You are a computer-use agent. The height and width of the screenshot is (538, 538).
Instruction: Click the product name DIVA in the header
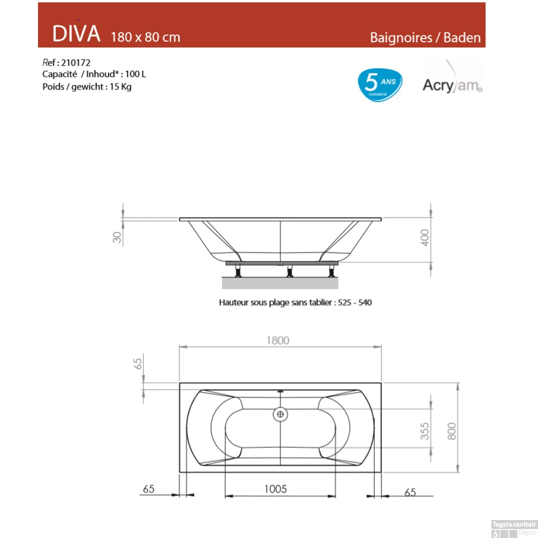(x=76, y=34)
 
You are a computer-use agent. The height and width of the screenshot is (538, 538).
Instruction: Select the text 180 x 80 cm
(x=145, y=37)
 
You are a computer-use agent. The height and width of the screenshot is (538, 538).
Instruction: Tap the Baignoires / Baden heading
(x=425, y=38)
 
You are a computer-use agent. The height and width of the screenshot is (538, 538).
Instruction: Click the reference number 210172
(x=76, y=63)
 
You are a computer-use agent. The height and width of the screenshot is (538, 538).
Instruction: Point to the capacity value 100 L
(x=136, y=74)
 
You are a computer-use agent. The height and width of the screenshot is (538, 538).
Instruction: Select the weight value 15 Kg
(x=121, y=87)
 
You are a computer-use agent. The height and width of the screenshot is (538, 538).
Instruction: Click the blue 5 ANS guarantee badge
(x=380, y=85)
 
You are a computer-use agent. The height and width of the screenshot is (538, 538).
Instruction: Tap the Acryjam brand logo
(x=452, y=85)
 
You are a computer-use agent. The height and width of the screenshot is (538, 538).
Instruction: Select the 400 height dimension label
(x=425, y=237)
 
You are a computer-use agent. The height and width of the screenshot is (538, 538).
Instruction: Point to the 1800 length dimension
(x=278, y=340)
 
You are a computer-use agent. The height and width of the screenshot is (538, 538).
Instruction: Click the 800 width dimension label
(x=452, y=431)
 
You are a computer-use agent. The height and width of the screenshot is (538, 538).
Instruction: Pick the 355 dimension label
(x=425, y=431)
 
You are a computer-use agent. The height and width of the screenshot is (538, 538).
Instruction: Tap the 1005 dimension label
(x=275, y=489)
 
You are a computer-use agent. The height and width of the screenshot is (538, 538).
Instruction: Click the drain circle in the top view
(x=280, y=414)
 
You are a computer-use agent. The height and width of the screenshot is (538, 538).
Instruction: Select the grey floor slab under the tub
(x=280, y=283)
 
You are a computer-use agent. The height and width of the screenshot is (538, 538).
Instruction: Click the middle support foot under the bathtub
(x=290, y=272)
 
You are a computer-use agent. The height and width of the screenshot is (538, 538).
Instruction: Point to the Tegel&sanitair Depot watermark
(x=514, y=529)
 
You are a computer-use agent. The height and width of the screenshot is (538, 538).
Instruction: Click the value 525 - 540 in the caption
(x=354, y=303)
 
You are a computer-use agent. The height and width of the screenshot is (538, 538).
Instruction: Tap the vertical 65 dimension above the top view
(x=137, y=364)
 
